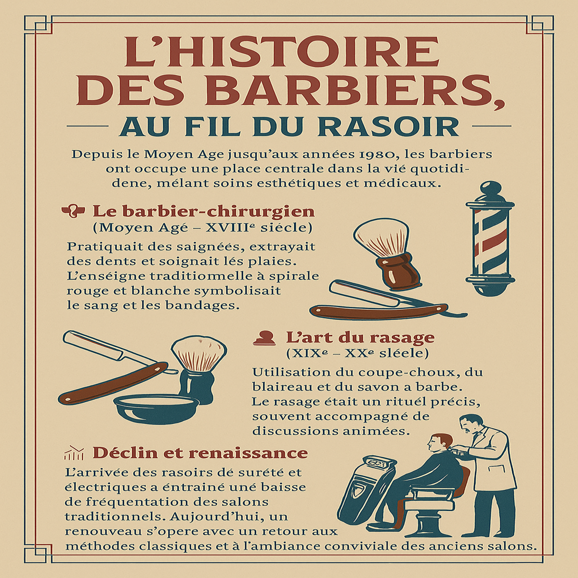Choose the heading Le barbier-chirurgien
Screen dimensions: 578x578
(203, 211)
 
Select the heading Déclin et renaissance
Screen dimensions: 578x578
(200, 453)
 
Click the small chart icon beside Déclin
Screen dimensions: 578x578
(74, 453)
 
